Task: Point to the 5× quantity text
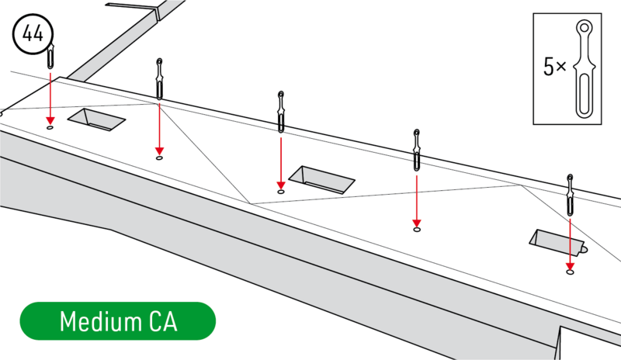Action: coord(554,67)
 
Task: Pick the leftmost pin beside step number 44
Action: coord(50,57)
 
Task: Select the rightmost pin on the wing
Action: coord(571,195)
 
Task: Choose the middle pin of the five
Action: coord(280,112)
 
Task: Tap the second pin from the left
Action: coord(159,78)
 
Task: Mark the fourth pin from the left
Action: coord(417,150)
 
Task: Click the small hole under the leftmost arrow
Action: coord(50,126)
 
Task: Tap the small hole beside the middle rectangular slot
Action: coord(280,191)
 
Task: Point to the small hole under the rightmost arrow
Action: coord(571,272)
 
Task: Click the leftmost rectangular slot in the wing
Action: coord(97,119)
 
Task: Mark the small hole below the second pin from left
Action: coord(159,157)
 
